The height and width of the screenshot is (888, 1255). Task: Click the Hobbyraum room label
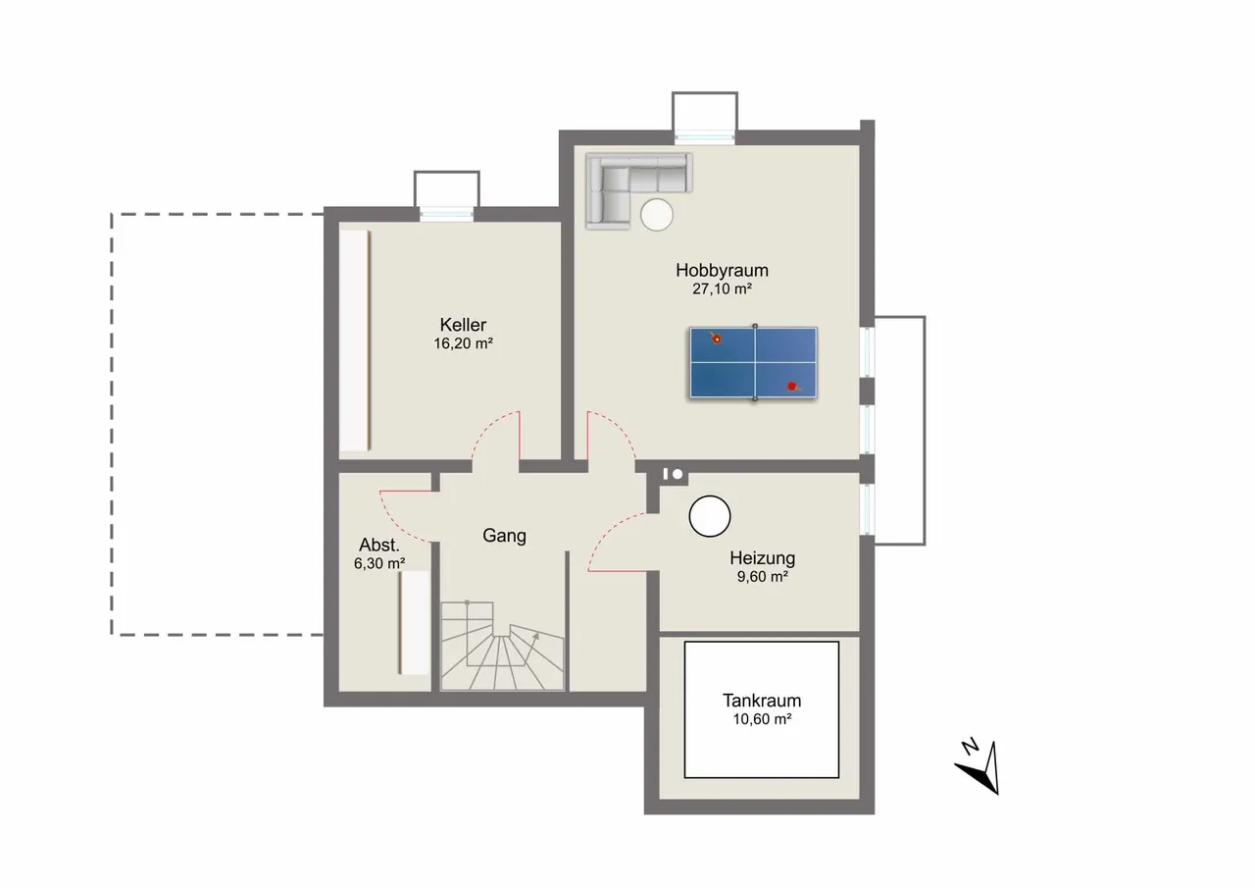[722, 271]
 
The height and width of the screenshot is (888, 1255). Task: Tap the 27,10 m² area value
[722, 289]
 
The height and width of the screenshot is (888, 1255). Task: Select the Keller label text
[463, 325]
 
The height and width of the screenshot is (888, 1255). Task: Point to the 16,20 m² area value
[463, 343]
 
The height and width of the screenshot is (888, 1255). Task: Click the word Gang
[504, 536]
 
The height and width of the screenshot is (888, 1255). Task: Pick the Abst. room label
[379, 545]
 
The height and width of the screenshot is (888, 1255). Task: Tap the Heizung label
[762, 558]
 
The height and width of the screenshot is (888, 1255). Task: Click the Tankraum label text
[762, 701]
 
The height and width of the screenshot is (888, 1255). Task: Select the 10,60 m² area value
[762, 719]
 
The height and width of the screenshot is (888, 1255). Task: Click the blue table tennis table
[754, 363]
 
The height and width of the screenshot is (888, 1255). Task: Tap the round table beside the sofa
[657, 215]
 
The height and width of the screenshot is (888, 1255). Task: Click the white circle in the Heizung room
[709, 516]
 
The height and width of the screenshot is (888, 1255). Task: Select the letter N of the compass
[970, 746]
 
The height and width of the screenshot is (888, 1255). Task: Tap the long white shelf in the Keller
[355, 340]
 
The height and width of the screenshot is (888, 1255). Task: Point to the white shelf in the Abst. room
[414, 622]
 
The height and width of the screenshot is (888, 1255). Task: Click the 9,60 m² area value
[763, 577]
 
